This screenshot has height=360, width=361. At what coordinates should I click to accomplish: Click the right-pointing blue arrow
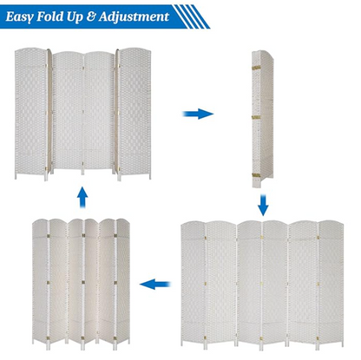tap(200, 114)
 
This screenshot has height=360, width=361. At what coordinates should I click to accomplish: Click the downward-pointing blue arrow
tap(263, 205)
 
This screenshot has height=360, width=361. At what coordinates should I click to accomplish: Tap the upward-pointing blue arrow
tap(82, 196)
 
